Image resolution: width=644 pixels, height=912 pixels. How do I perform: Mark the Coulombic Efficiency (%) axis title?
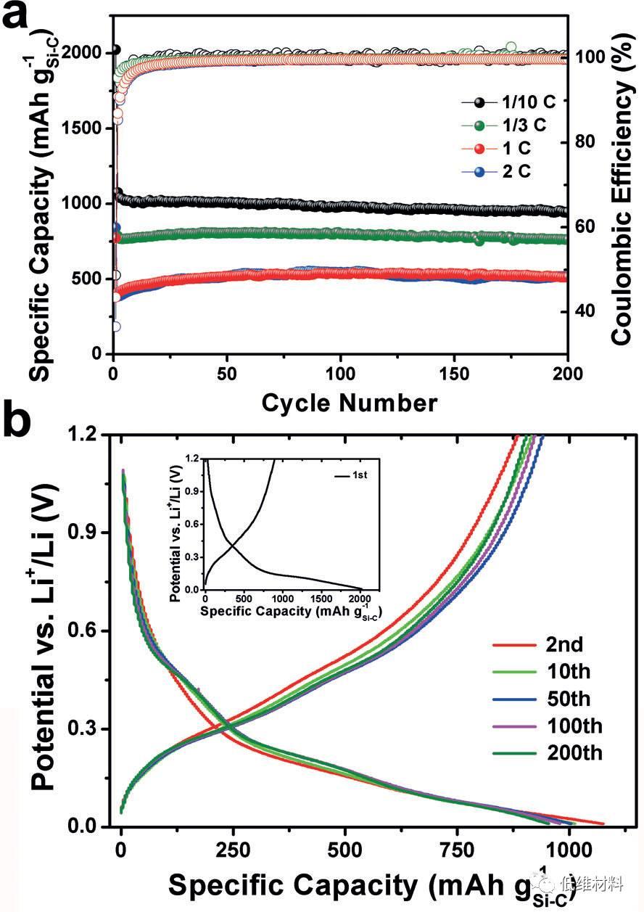[622, 181]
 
